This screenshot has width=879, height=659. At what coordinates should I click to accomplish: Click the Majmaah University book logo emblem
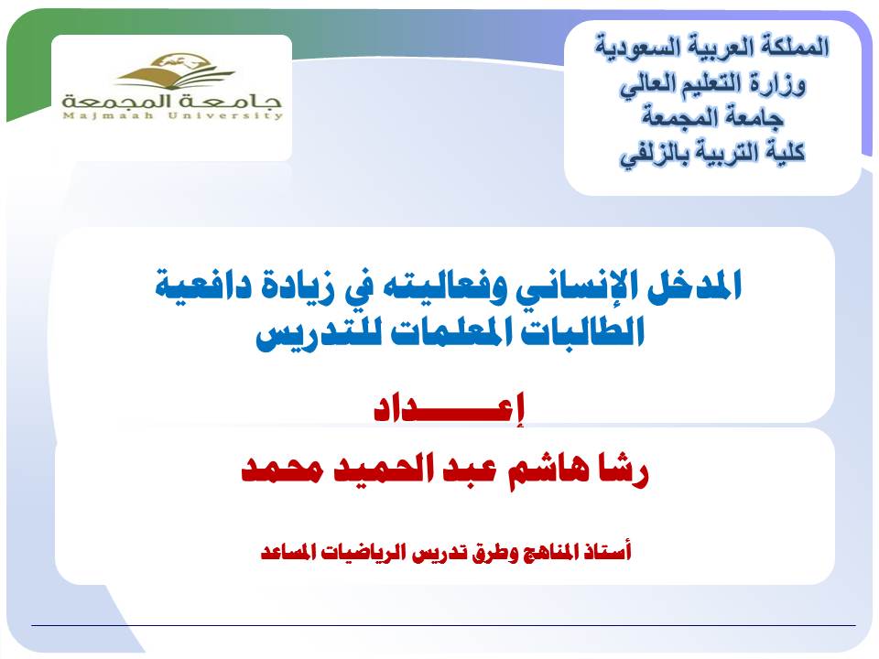click(x=174, y=70)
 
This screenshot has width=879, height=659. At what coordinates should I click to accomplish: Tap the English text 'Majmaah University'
click(x=173, y=116)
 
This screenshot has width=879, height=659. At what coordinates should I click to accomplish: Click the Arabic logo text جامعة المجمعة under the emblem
click(x=171, y=101)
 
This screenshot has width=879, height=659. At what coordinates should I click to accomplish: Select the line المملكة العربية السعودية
click(x=712, y=47)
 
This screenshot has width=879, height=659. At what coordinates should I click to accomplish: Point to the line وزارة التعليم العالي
click(x=712, y=84)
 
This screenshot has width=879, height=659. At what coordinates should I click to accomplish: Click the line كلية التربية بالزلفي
click(x=712, y=153)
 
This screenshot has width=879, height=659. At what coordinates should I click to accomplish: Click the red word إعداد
click(x=449, y=408)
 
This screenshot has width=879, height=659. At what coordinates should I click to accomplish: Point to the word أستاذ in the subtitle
click(x=607, y=552)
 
